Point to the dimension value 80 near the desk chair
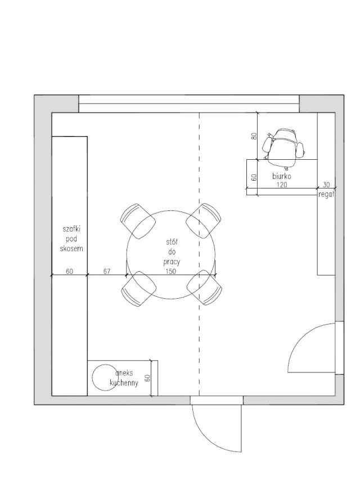tap(254, 136)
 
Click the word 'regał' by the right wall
tap(326, 194)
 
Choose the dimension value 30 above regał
tap(326, 184)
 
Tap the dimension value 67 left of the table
tap(107, 271)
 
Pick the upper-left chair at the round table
tap(138, 220)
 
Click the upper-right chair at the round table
tap(204, 220)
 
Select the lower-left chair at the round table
tap(138, 289)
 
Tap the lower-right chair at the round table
tap(204, 288)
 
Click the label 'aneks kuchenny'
tap(124, 378)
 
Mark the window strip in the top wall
tap(188, 104)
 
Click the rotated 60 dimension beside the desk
tap(254, 177)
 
